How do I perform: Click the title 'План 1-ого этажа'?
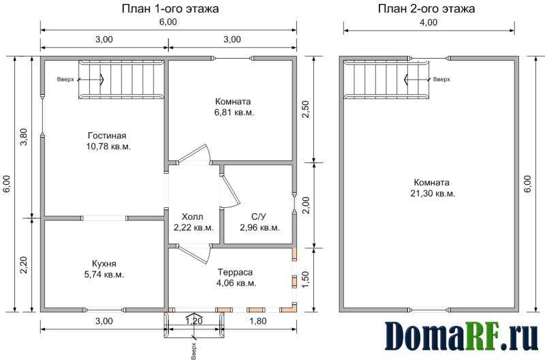170,8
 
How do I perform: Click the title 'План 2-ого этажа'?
426,8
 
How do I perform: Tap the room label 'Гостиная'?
107,135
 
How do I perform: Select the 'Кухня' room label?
104,263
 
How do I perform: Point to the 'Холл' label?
192,217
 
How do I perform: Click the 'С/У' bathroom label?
259,217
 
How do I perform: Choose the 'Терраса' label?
235,272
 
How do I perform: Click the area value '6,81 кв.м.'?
234,112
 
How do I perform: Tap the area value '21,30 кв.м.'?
433,194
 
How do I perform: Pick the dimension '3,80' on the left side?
23,138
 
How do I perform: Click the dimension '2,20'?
23,265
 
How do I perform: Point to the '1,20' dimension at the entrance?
193,320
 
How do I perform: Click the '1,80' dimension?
258,320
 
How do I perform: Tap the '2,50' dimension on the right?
305,110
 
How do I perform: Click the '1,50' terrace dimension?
305,280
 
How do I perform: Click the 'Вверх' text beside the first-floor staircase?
65,80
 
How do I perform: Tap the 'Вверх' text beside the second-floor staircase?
441,79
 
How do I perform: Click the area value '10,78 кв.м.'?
108,147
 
